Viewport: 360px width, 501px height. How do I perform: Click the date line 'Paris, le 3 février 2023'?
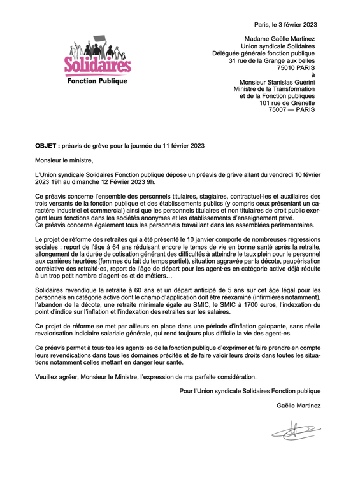point(285,25)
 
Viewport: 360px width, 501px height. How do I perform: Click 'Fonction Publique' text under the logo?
point(97,81)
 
